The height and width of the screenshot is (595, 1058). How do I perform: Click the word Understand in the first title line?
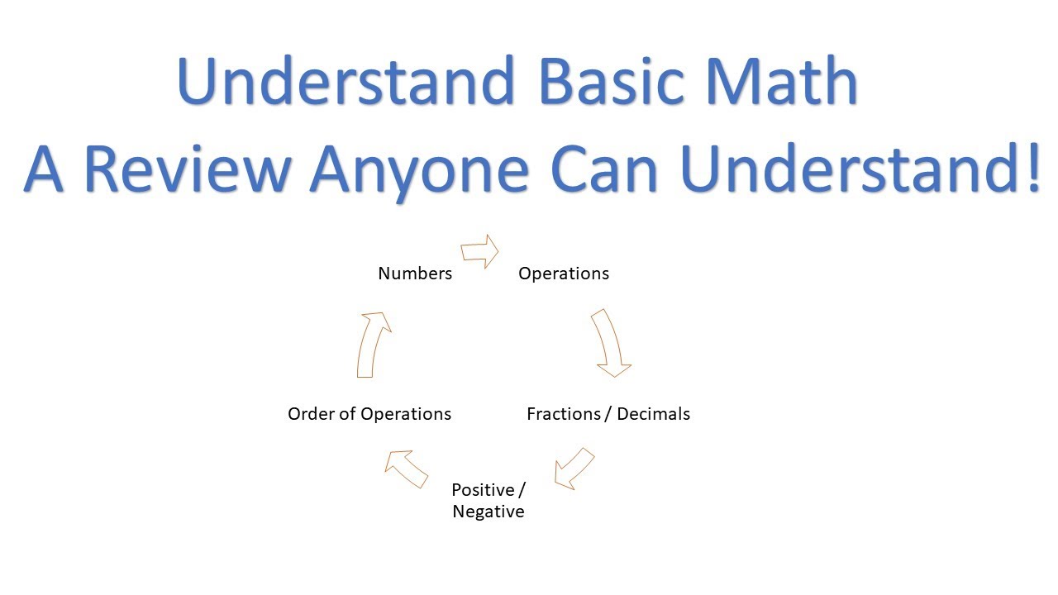click(x=345, y=82)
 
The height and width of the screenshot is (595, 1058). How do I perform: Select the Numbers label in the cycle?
click(x=415, y=274)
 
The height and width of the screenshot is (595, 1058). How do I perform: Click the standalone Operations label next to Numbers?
click(x=564, y=274)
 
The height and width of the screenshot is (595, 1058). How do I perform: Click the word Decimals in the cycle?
click(x=653, y=414)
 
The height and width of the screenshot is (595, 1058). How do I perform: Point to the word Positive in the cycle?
click(x=483, y=489)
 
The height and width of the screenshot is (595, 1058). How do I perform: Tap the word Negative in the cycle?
click(x=488, y=512)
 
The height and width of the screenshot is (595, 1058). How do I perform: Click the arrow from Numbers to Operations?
click(x=480, y=250)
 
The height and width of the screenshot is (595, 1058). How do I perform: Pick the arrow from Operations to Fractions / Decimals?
click(x=610, y=343)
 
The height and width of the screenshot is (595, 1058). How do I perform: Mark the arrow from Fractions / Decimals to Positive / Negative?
click(x=574, y=469)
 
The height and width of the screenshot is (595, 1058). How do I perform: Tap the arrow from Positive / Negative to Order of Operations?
click(x=407, y=469)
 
